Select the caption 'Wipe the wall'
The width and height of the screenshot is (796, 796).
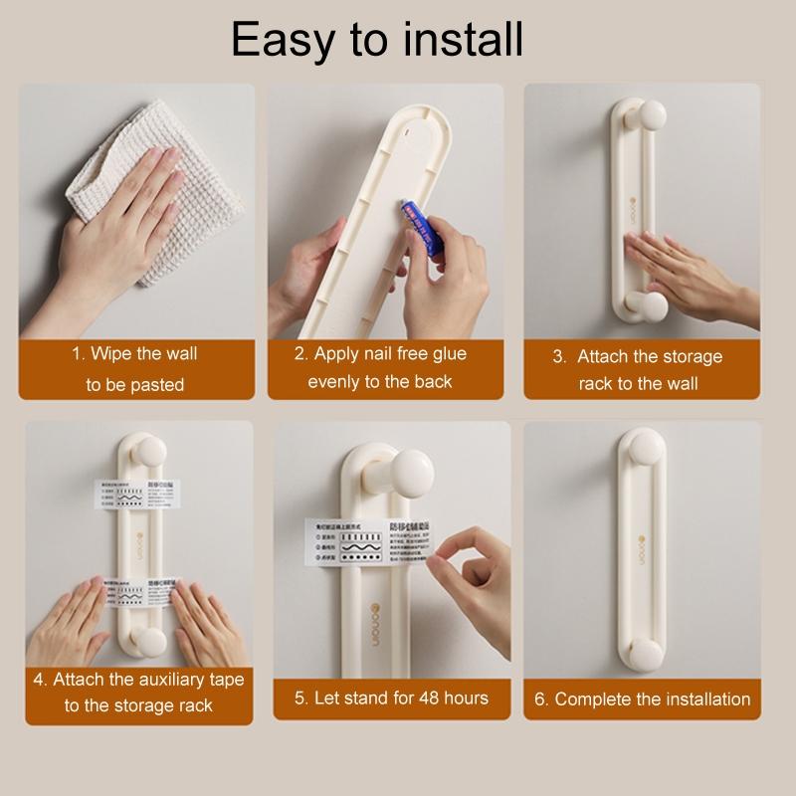point(133,354)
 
